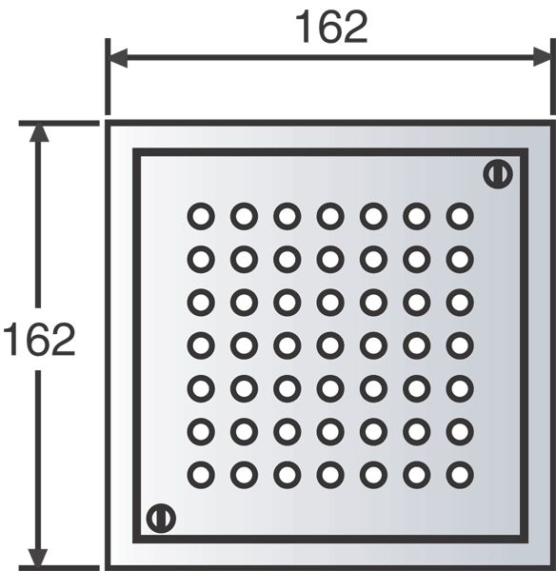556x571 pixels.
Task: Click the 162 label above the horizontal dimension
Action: pos(330,27)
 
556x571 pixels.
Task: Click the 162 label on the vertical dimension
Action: pos(39,339)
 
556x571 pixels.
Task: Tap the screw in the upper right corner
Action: pos(498,174)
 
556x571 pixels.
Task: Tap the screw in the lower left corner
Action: pos(161,519)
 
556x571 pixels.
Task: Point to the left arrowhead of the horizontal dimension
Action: pos(117,57)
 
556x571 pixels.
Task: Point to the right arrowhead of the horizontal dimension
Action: pos(543,57)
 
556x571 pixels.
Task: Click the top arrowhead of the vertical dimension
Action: pos(39,132)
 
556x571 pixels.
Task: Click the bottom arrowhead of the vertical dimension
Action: pos(38,558)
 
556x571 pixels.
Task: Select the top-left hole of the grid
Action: pos(201,216)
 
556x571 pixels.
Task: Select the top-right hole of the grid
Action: pos(460,216)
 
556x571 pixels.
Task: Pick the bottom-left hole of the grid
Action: pos(201,475)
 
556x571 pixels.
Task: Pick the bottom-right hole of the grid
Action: pos(460,475)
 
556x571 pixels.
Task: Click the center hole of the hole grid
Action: pos(330,345)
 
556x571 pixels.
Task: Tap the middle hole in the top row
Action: pos(330,216)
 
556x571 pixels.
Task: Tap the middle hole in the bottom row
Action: pos(330,475)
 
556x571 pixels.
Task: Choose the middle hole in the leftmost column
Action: pos(201,345)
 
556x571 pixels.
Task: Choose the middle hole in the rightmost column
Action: pos(460,345)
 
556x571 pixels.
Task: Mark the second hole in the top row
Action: pos(244,216)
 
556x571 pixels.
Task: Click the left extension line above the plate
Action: pos(108,76)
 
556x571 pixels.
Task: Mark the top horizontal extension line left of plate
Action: pos(59,124)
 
